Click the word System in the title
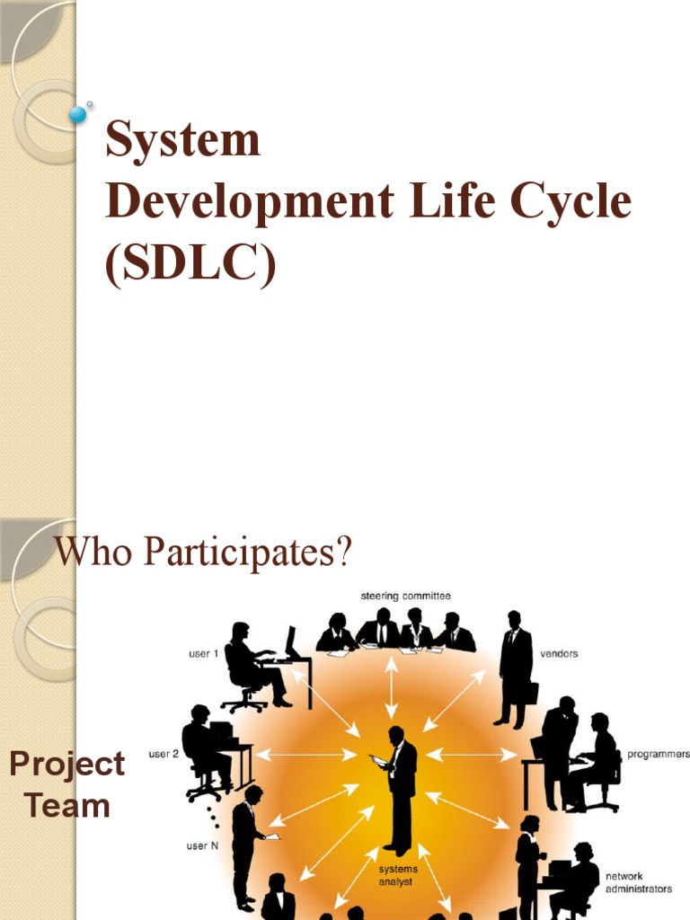182,142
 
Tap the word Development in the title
248,202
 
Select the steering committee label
406,596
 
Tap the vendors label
559,654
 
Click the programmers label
658,753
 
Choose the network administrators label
638,882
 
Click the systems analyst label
397,875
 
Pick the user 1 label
203,654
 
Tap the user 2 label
164,753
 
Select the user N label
203,846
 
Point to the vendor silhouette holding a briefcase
516,669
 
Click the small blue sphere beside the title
78,114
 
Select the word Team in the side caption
67,805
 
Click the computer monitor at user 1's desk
290,641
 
